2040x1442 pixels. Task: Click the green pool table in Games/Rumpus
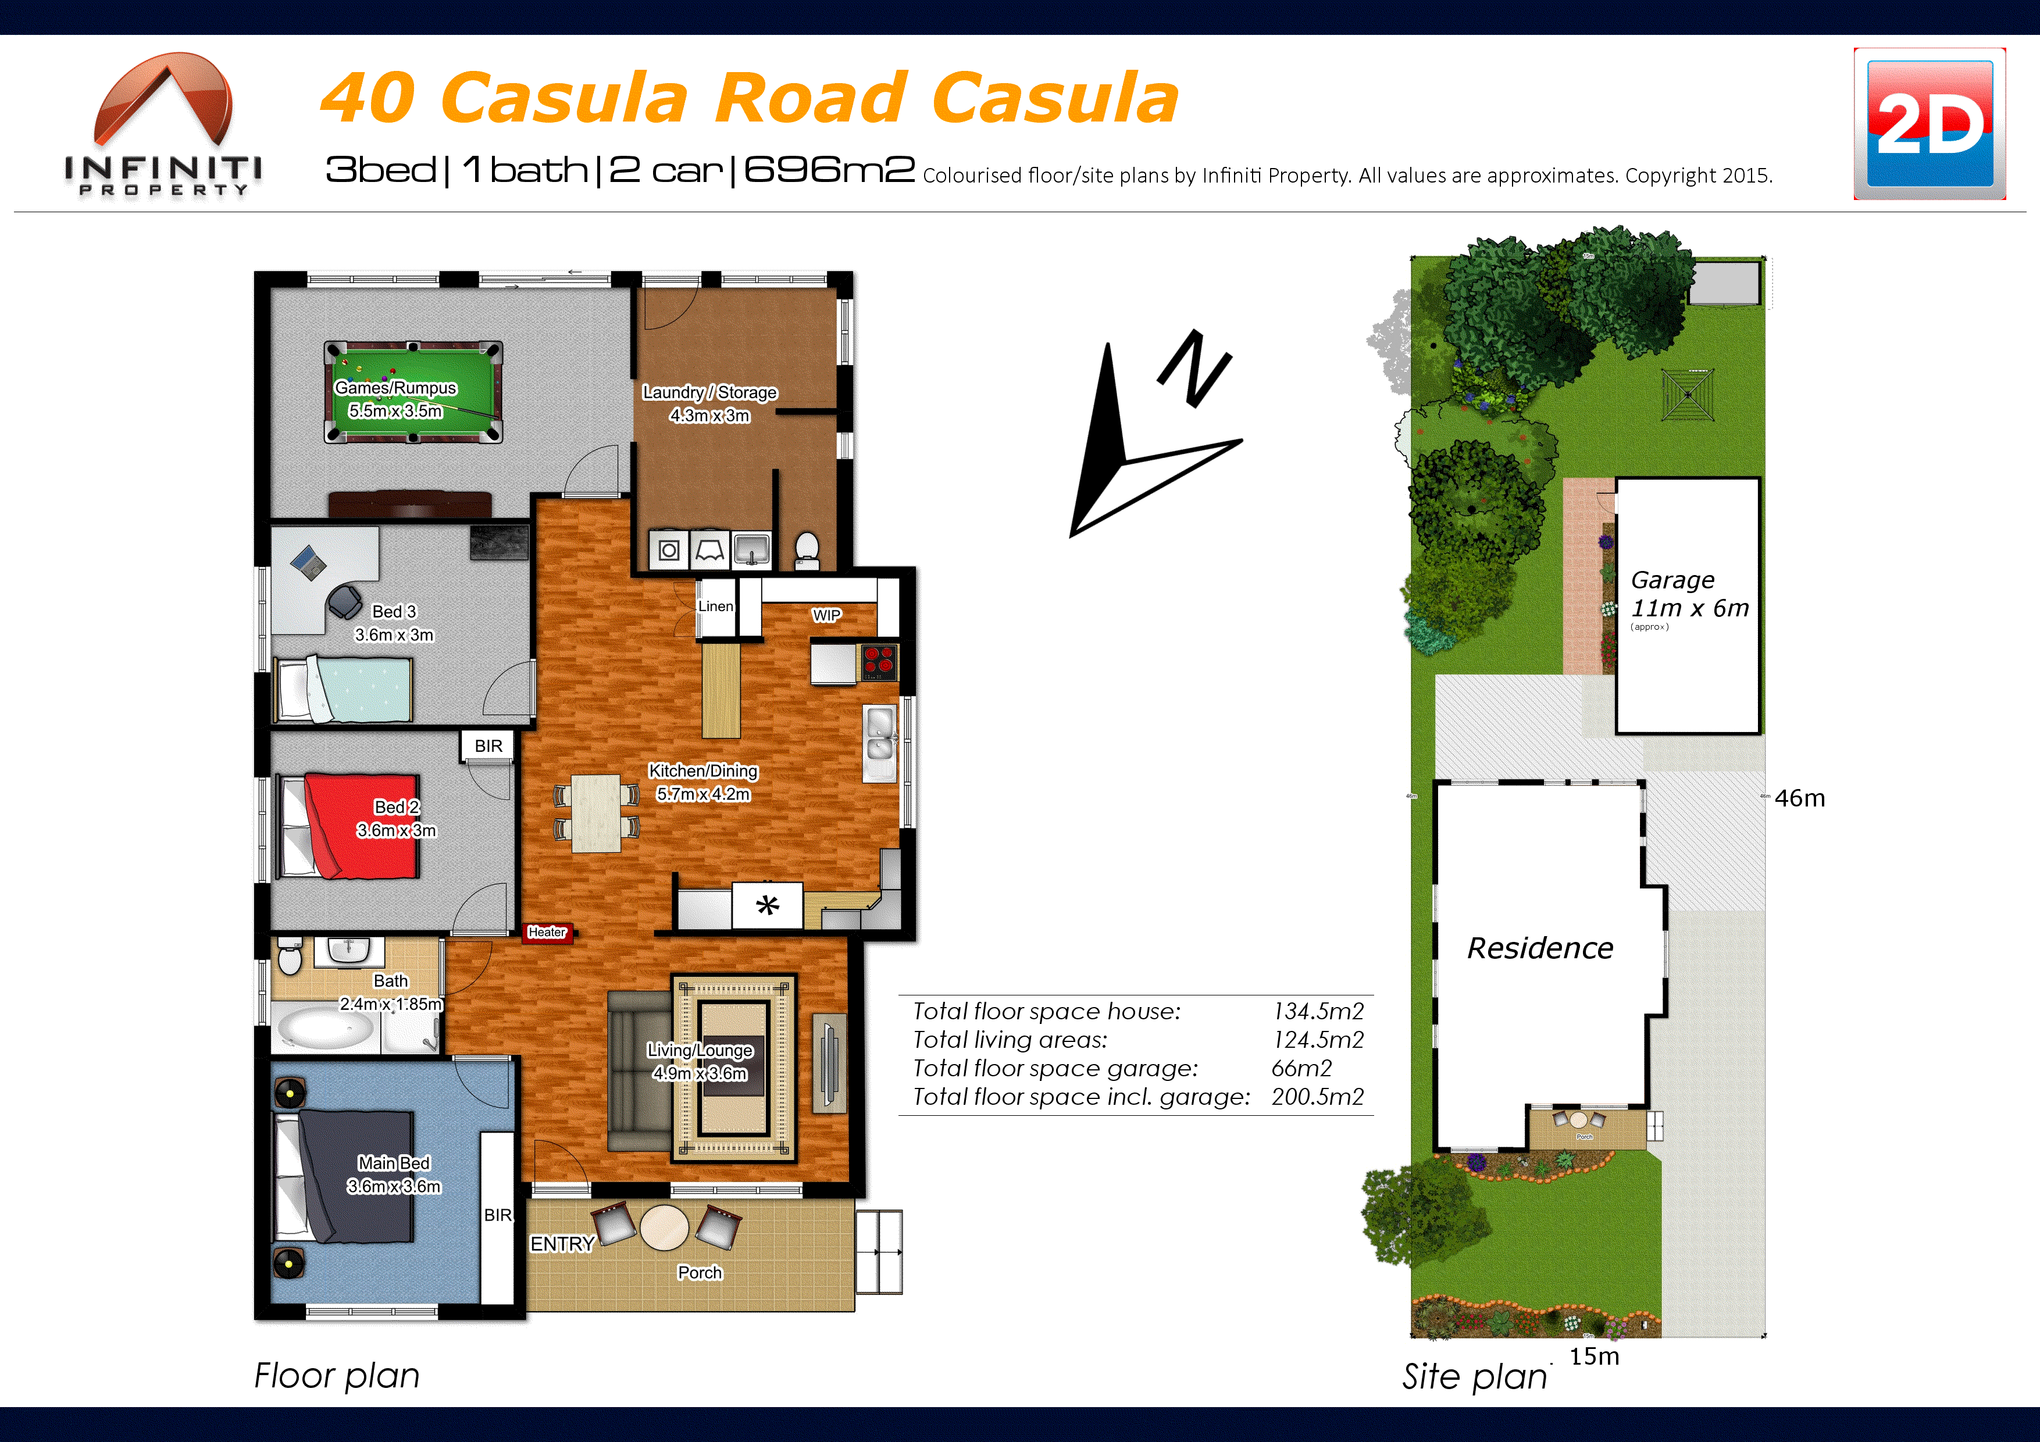(x=413, y=392)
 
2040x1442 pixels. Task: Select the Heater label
(x=547, y=932)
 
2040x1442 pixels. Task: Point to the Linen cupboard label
(x=715, y=606)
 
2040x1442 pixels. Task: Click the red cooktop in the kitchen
(x=879, y=662)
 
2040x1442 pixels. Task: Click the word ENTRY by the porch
(x=562, y=1244)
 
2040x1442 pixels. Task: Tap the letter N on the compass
(x=1195, y=369)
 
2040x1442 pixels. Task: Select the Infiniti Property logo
(x=163, y=124)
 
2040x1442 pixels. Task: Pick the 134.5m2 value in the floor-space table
(x=1318, y=1011)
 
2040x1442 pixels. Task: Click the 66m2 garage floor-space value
(x=1301, y=1068)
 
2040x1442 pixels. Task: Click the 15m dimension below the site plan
(x=1594, y=1356)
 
